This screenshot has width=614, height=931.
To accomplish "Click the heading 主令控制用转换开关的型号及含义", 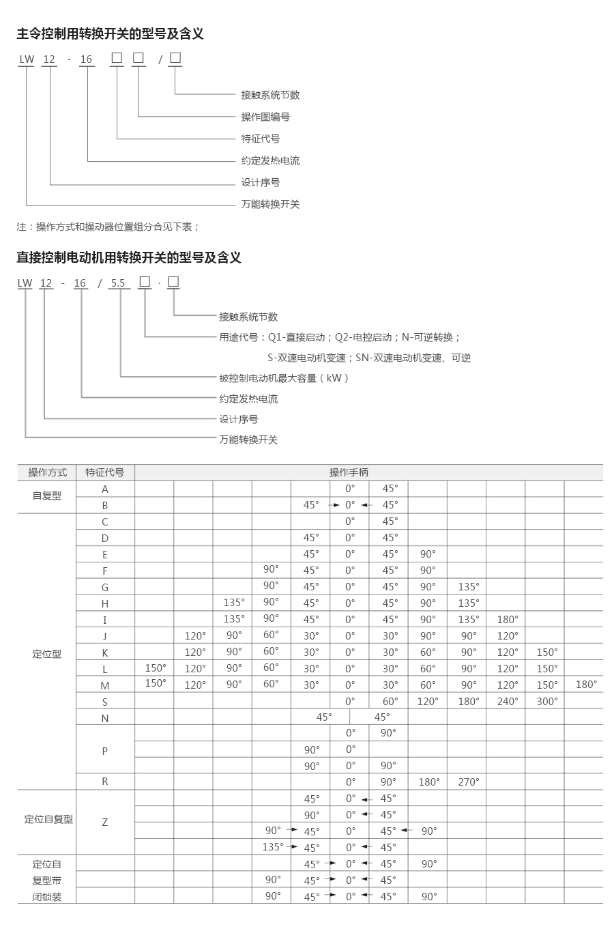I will [x=110, y=33].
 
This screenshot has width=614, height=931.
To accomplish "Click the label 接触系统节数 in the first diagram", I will [x=270, y=95].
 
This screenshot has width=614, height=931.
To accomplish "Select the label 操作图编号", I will [x=265, y=117].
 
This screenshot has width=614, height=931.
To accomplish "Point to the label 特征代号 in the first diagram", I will [x=261, y=139].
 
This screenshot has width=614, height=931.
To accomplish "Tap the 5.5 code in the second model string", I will [x=118, y=283].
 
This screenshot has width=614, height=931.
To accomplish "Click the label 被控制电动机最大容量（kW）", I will [x=284, y=378].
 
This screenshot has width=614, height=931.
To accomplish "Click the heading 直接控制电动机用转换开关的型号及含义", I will [x=129, y=257].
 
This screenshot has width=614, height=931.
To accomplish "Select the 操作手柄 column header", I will [x=349, y=472].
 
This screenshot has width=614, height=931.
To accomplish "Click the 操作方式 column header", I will [x=47, y=472].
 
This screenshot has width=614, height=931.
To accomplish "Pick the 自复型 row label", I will [x=47, y=496].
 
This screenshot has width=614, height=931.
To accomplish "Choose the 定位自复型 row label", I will [x=48, y=819].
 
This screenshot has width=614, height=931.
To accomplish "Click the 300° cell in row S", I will [x=547, y=702].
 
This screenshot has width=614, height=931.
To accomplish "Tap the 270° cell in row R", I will [x=469, y=782].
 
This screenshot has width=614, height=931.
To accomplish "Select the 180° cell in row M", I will [x=586, y=685].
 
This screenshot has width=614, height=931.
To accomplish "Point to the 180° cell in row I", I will [x=508, y=620].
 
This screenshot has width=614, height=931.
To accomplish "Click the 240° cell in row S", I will [x=508, y=702].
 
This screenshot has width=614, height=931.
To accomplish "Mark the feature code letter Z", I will [x=105, y=822].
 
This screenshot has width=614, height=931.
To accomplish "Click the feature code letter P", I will [x=105, y=751].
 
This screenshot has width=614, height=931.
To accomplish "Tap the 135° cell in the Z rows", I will [x=272, y=847].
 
